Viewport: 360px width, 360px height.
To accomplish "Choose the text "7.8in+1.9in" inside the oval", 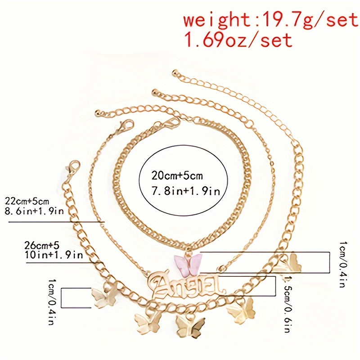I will pyautogui.click(x=179, y=191).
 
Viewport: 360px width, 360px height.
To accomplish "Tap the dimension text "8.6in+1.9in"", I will pyautogui.click(x=34, y=211).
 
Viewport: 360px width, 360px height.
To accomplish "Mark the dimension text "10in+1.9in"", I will pyautogui.click(x=54, y=255).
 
